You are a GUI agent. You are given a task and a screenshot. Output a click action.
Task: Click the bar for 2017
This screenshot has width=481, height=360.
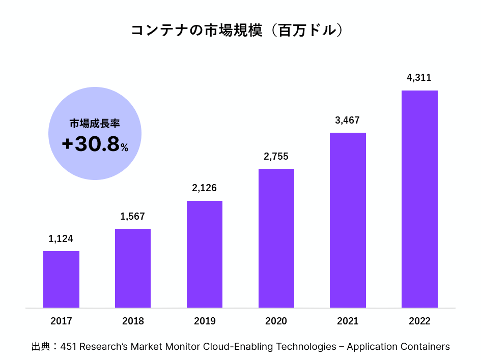tap(61, 279)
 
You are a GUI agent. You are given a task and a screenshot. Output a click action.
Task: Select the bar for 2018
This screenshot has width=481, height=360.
tap(133, 268)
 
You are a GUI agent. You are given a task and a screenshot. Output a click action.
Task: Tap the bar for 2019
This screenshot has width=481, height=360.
tap(205, 254)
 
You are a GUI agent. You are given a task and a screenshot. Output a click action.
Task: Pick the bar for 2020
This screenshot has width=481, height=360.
tap(276, 238)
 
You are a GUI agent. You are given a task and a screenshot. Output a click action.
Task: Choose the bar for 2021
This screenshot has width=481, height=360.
tap(348, 220)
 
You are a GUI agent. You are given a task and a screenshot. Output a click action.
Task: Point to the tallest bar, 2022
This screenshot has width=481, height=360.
tap(419, 199)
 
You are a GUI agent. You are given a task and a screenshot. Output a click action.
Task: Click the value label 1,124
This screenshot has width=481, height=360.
tap(61, 239)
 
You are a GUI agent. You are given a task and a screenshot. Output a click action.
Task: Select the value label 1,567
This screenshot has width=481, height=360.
tap(133, 217)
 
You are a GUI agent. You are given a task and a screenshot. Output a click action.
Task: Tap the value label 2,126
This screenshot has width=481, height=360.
tap(205, 188)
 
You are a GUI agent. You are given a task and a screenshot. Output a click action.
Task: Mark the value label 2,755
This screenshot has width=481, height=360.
tap(276, 157)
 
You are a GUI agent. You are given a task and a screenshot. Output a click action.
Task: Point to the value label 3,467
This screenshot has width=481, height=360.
tap(348, 121)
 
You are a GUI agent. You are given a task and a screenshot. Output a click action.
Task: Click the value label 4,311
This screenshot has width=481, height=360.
tap(419, 78)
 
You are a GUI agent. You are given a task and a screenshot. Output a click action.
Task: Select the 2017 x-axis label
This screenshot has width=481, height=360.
tap(61, 321)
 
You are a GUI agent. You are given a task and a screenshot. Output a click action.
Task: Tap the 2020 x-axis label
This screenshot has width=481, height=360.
tap(276, 321)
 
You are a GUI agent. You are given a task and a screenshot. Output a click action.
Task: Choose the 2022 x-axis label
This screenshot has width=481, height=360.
tap(419, 321)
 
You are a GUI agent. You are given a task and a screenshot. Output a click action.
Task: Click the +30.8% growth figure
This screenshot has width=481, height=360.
tap(95, 145)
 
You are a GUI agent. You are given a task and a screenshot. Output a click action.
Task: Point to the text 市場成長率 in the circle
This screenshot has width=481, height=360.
tap(95, 124)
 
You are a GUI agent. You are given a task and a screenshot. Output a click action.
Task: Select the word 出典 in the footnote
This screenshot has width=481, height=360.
tap(40, 347)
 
